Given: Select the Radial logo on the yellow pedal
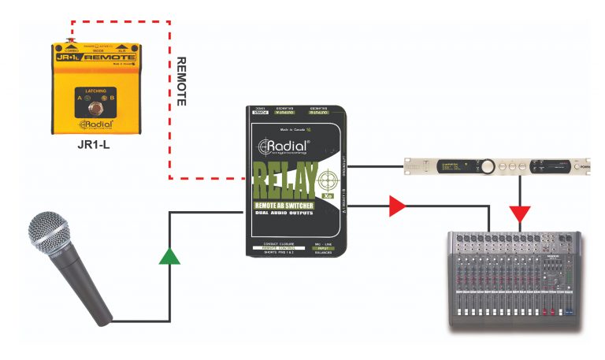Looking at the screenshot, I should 96,124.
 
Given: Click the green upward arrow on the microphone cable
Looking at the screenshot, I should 169,256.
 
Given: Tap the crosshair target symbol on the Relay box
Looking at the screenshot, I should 331,174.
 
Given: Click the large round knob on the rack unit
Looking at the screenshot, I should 488,166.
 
